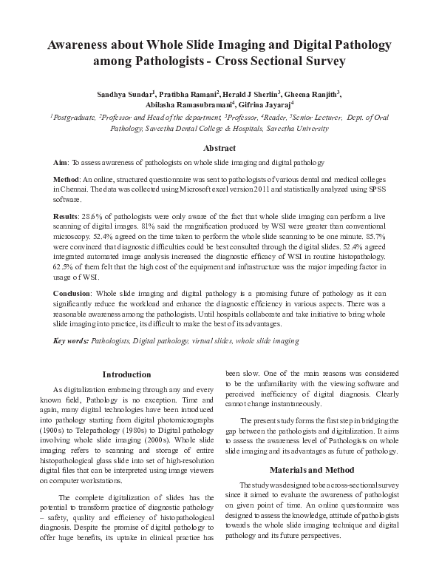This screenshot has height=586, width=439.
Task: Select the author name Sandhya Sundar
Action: pos(123,94)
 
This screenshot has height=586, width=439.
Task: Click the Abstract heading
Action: pos(219,148)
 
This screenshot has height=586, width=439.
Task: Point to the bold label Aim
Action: pos(61,162)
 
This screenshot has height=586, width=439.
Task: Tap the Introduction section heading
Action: pos(126,374)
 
